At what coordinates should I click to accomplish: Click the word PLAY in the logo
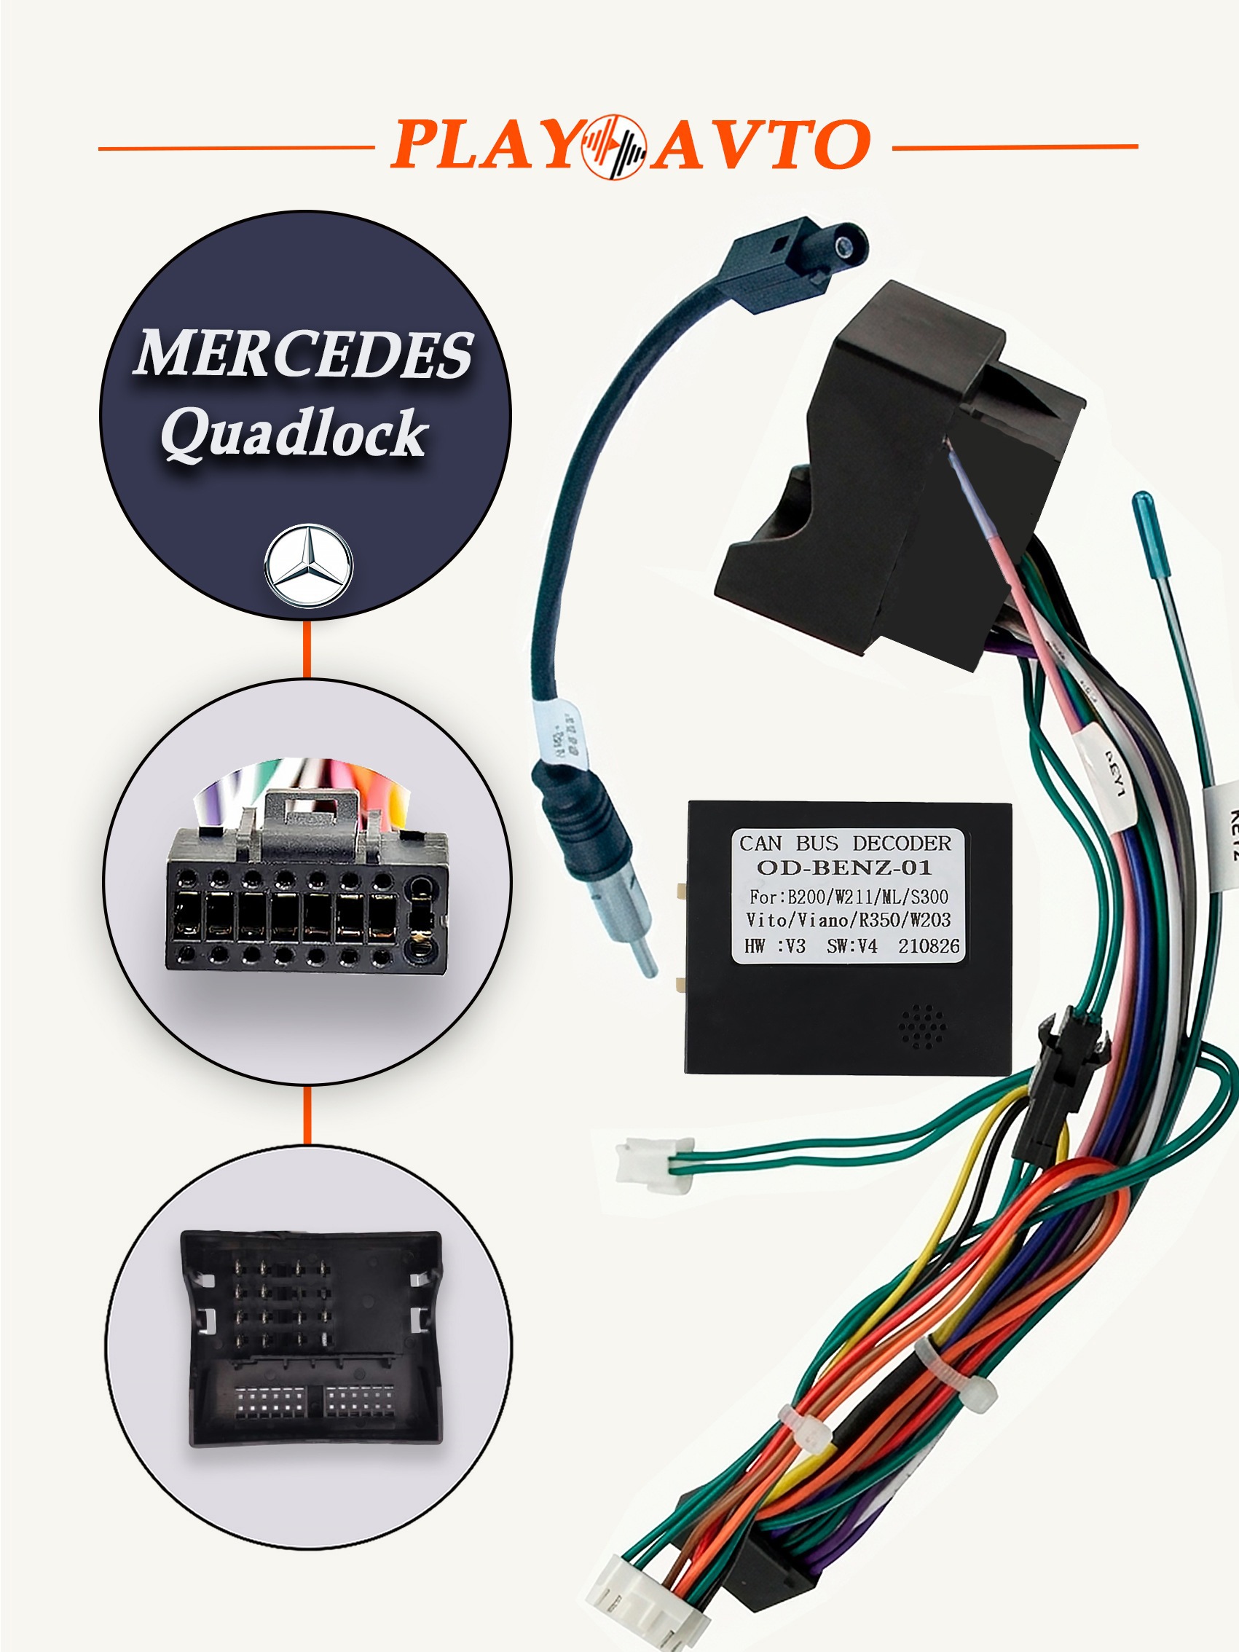485,143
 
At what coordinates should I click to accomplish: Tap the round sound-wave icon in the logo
615,146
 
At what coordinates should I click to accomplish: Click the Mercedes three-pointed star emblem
308,565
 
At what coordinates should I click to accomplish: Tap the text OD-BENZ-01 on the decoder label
844,868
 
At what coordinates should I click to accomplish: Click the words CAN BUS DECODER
845,843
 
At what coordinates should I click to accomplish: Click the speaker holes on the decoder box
923,1026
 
